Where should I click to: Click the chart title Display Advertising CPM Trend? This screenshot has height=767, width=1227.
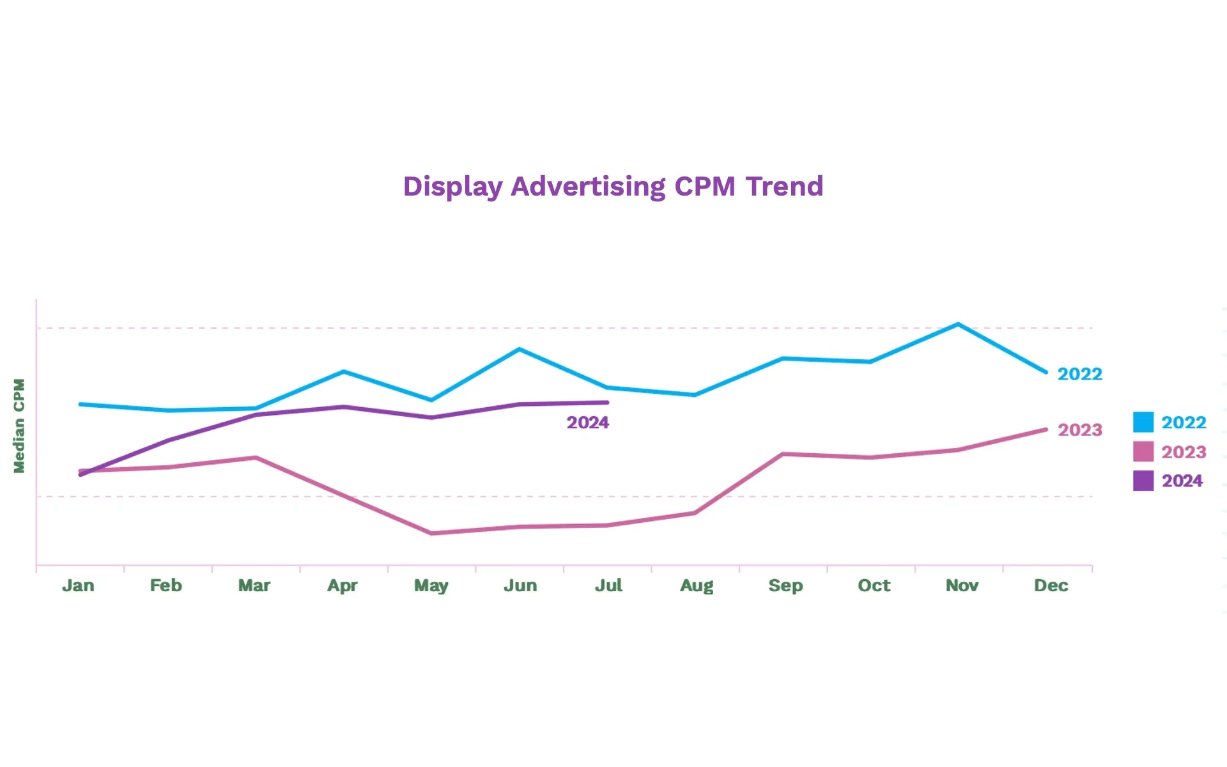[x=613, y=187]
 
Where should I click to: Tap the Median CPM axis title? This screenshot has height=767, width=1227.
[x=19, y=426]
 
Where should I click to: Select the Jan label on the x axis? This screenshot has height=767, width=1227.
[x=78, y=585]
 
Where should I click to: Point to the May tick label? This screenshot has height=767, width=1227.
[x=431, y=585]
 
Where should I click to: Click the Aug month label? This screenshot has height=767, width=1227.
[x=697, y=585]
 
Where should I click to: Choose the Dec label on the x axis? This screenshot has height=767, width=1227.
[x=1051, y=585]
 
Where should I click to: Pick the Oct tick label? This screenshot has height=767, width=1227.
[x=874, y=585]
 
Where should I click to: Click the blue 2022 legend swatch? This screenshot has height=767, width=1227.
[x=1143, y=422]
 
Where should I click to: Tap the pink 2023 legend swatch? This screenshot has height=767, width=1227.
[x=1143, y=452]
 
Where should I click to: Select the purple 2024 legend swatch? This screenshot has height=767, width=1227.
[x=1143, y=481]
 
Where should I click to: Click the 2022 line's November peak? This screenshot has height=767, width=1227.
[x=958, y=325]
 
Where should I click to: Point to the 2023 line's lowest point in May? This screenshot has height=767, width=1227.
[x=432, y=533]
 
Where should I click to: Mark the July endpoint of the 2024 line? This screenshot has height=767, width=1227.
[x=606, y=403]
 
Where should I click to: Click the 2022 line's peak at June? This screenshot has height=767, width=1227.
[x=520, y=349]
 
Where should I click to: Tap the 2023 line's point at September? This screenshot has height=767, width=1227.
[x=783, y=454]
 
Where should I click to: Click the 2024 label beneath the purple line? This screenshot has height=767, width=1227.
[x=587, y=422]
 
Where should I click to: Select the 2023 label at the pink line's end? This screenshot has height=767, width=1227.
[x=1080, y=430]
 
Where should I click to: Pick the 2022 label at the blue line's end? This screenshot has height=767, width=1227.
[x=1080, y=374]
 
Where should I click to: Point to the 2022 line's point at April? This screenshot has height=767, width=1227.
[x=344, y=371]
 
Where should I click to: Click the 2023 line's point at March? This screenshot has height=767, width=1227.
[x=256, y=458]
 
